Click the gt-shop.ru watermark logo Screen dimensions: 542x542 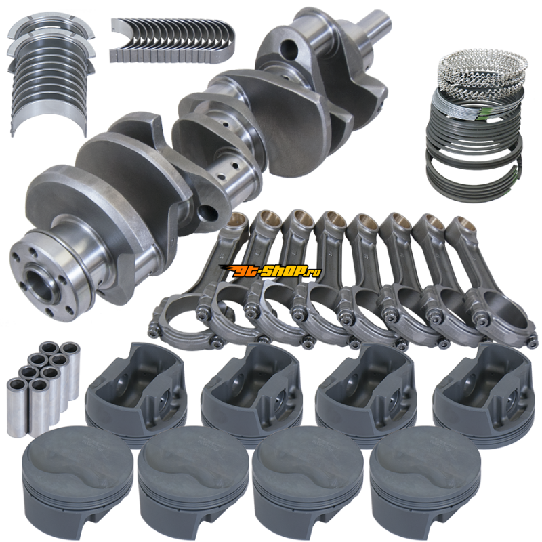[270, 271]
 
